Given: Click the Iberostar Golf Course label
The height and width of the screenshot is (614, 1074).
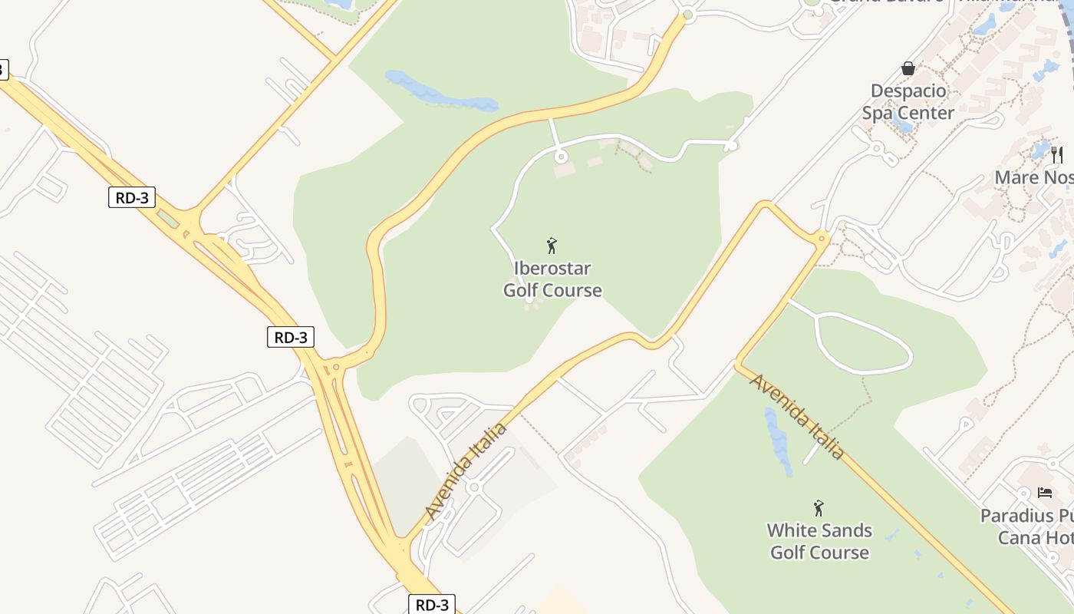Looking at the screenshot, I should [552, 279].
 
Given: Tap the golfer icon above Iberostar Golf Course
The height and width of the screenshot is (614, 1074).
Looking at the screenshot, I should [551, 246].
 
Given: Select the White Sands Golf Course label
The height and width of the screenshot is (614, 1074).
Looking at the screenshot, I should [819, 541].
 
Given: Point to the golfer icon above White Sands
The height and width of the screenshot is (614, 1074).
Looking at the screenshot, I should [819, 508].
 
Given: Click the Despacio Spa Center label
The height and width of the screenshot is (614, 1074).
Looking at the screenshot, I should [908, 102].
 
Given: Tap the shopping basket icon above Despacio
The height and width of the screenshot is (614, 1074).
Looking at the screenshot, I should [908, 68].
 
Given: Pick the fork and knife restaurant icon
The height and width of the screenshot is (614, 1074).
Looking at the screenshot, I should [1057, 154].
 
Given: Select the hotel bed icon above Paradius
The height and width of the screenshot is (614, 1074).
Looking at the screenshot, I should [1044, 493].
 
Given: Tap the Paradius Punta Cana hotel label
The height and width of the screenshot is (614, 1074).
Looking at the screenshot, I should [1027, 527].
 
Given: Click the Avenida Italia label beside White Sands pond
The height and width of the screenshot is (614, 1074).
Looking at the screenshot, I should [797, 417].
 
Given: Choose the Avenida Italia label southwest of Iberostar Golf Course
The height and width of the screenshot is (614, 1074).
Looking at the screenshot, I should [466, 470].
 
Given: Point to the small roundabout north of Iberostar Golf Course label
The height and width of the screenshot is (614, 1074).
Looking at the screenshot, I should [561, 157].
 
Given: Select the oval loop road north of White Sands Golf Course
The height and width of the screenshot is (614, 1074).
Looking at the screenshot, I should [864, 343].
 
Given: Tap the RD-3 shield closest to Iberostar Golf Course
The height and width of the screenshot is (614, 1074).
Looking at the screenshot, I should [291, 337].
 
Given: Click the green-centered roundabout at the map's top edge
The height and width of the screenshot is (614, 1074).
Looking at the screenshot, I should [688, 15].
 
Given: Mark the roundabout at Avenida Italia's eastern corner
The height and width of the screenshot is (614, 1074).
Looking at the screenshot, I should [822, 239].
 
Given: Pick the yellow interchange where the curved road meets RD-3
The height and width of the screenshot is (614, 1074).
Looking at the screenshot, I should [335, 369].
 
